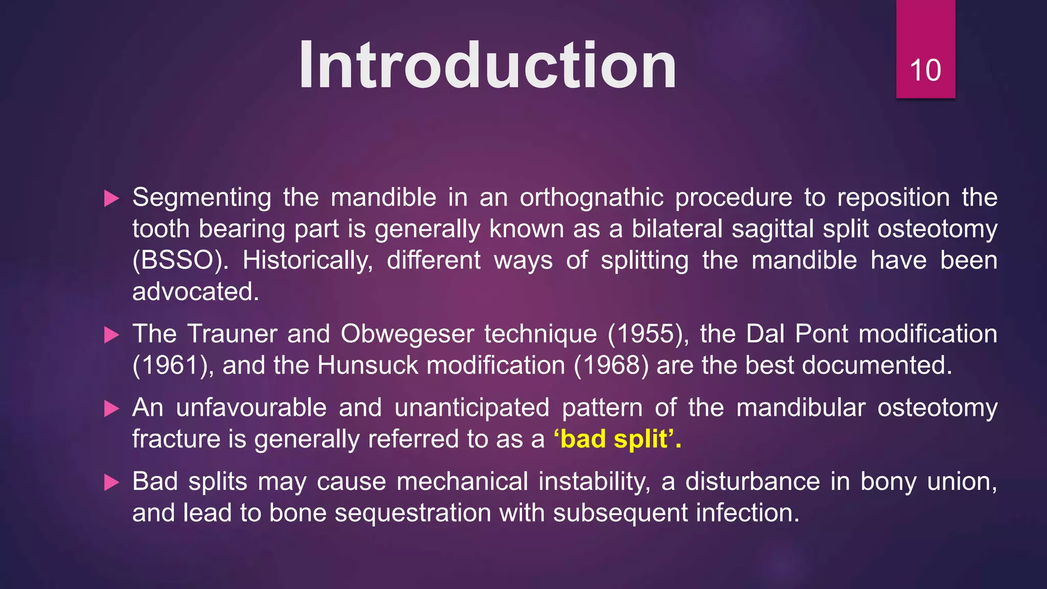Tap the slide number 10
coord(925,70)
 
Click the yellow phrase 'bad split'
coord(617,439)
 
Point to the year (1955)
coord(648,334)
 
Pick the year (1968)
coord(611,366)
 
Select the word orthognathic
coord(591,198)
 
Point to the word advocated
coord(195,292)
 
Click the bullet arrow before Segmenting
coord(111,198)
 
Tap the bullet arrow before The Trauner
coord(111,335)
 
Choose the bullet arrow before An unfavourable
coord(111,409)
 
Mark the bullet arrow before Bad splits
coord(111,482)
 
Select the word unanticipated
coord(471,408)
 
